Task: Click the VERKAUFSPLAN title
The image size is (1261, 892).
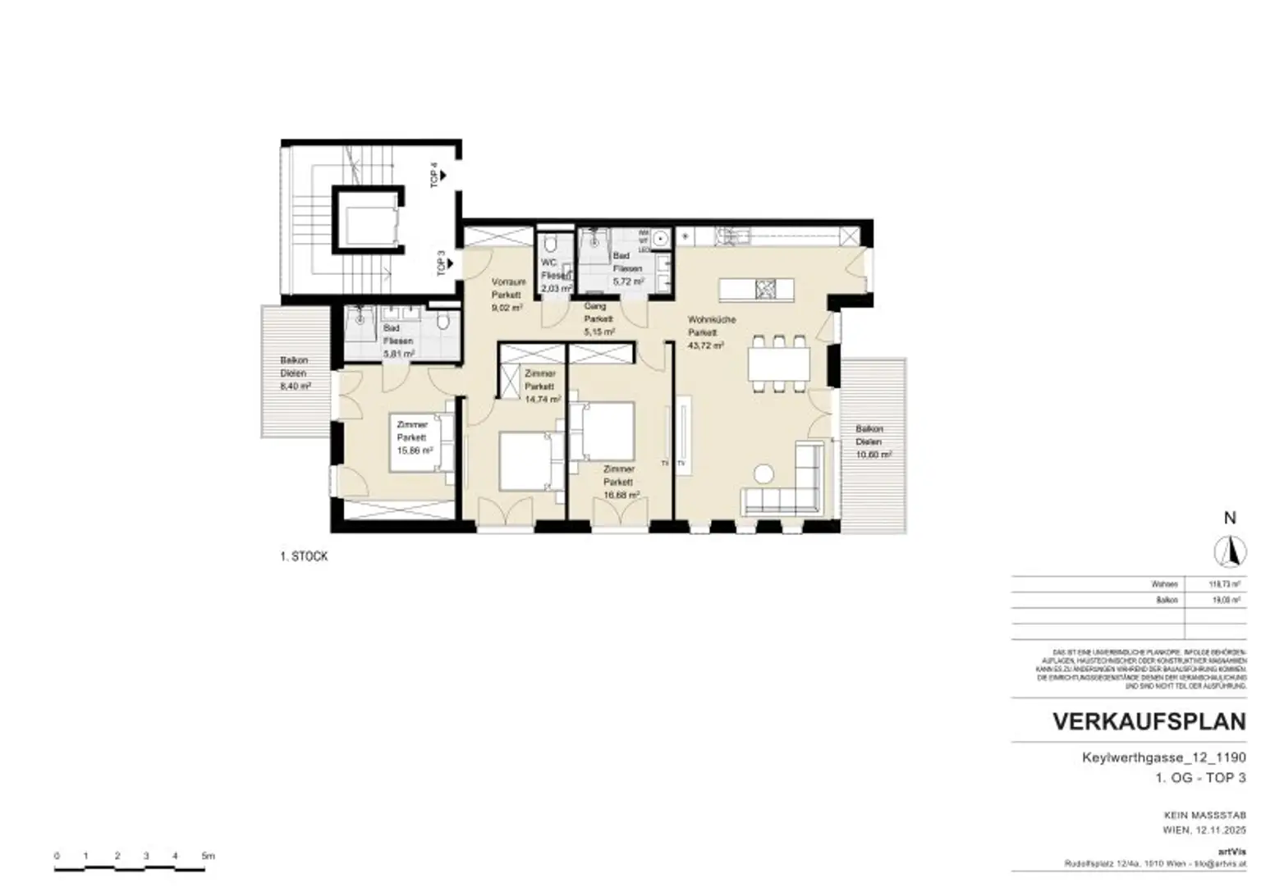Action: pos(1149,722)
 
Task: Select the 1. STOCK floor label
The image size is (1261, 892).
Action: pos(304,556)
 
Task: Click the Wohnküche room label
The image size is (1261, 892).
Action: pos(711,319)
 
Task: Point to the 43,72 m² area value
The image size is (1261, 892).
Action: pos(705,346)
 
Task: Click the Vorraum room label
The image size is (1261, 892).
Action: pos(508,281)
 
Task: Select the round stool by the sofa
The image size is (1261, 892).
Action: pos(764,474)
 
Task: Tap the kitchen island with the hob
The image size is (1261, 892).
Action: pos(756,289)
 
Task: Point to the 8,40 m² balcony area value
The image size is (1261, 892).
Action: pos(295,386)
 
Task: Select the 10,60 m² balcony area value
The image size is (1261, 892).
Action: pos(874,455)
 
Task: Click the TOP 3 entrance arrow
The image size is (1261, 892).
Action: pos(447,264)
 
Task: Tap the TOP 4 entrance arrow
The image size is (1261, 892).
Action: pos(442,175)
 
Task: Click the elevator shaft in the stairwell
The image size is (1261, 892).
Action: pos(369,220)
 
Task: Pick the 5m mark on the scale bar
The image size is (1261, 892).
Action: pos(208,856)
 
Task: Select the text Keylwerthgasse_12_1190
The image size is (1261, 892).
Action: pos(1163,757)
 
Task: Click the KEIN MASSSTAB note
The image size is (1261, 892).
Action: pos(1204,816)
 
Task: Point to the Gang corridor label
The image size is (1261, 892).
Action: pos(595,306)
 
